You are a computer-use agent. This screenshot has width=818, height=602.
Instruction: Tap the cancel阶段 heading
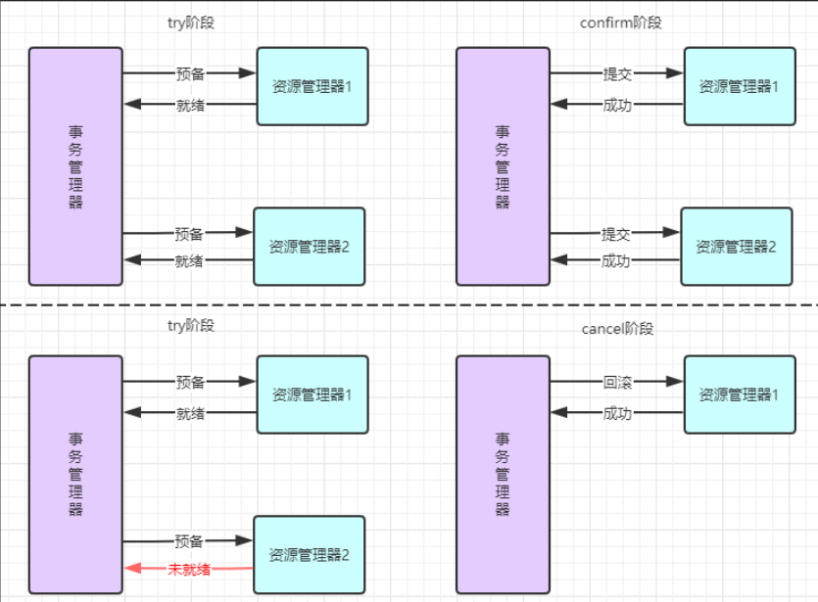[617, 329]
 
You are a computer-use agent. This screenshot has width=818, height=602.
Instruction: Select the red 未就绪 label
[189, 569]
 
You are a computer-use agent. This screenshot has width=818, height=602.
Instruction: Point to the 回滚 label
[616, 382]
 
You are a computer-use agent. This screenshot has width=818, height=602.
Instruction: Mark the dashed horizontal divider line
[409, 305]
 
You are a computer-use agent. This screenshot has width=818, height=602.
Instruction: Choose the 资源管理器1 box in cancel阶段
[739, 394]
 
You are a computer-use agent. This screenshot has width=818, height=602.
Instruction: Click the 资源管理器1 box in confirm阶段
[739, 86]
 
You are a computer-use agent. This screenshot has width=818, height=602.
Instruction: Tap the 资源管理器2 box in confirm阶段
[736, 247]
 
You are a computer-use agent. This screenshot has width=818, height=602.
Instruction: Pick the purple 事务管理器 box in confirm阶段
[503, 165]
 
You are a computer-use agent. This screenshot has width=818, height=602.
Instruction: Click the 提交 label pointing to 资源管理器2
[615, 234]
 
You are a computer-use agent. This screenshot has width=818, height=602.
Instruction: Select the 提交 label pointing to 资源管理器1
[617, 73]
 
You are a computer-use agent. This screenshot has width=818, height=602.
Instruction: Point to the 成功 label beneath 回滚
[616, 413]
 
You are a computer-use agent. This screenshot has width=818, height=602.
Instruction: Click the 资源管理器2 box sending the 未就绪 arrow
[309, 555]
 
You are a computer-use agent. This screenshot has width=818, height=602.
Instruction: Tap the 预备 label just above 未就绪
[189, 540]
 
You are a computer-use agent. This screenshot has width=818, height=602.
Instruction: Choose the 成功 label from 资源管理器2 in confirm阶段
[615, 260]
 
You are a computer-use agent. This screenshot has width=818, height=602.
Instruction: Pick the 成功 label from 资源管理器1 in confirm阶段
[617, 104]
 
